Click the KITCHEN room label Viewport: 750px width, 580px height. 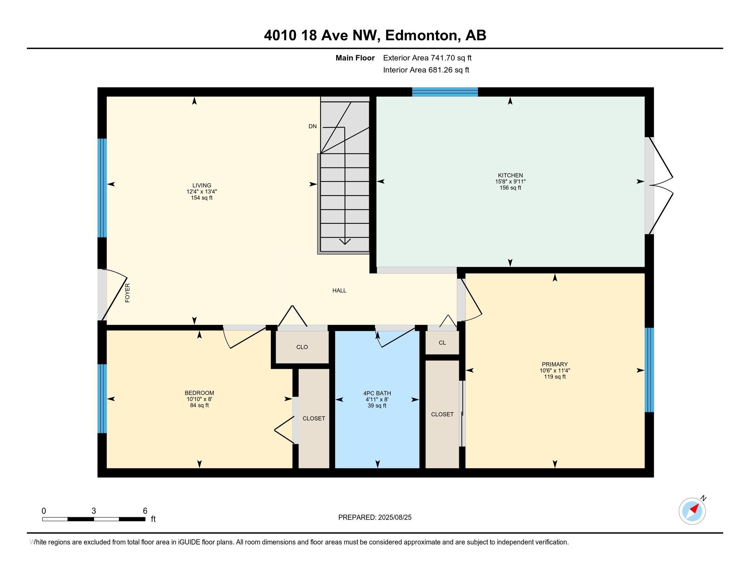tap(510, 175)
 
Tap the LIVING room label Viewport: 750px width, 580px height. tap(201, 186)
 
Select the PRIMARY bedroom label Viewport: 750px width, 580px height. tap(555, 364)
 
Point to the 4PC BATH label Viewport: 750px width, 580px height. tap(377, 393)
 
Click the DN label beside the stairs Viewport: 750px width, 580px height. tap(313, 127)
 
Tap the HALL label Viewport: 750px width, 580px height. tap(339, 290)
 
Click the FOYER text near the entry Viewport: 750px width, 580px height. tap(127, 293)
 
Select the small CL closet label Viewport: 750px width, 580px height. tap(442, 343)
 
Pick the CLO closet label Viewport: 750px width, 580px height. tap(302, 347)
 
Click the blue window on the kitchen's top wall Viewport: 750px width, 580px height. tap(445, 92)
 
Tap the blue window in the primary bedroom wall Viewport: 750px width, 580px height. tap(649, 370)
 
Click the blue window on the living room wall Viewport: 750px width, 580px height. tap(102, 188)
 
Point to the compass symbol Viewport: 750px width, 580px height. tap(692, 511)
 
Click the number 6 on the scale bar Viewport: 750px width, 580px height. tap(145, 511)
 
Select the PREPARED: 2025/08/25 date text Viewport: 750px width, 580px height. tap(375, 518)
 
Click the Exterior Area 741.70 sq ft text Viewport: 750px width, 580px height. tap(427, 58)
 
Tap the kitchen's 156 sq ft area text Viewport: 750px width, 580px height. tap(510, 188)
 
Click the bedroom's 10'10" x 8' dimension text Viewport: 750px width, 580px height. tap(199, 399)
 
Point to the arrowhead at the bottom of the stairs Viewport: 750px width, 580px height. tap(345, 242)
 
